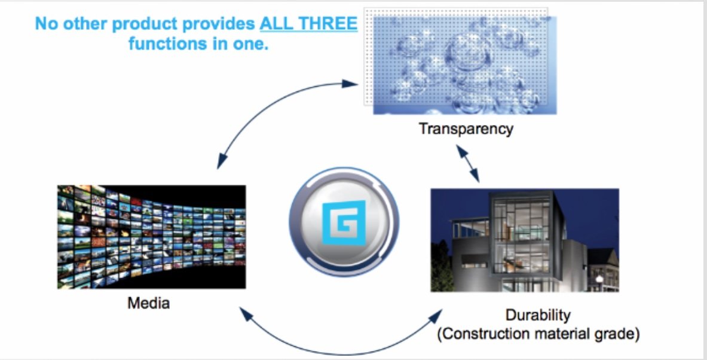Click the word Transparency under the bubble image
point(466,129)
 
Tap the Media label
point(148,303)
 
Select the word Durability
point(538,315)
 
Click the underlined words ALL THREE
point(308,25)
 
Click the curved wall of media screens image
point(151,237)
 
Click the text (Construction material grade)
point(538,333)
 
